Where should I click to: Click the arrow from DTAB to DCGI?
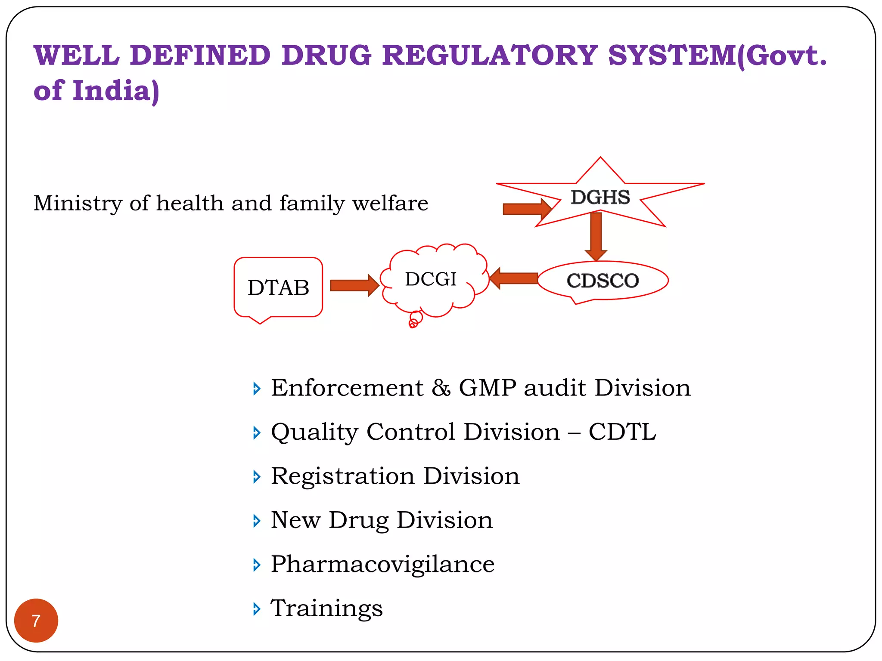(x=354, y=285)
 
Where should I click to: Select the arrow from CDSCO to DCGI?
(x=514, y=278)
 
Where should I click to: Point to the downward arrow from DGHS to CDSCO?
(x=596, y=237)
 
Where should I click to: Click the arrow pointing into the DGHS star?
(x=528, y=209)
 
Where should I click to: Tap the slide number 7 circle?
(x=36, y=621)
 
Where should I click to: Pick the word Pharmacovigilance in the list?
(x=383, y=564)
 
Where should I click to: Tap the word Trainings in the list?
(x=327, y=608)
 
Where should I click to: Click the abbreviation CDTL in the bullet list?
(x=622, y=432)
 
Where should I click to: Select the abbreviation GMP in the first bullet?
(x=488, y=388)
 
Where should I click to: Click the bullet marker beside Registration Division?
(x=257, y=477)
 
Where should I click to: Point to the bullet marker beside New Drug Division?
(x=257, y=521)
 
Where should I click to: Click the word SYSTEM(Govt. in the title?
(x=717, y=56)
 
